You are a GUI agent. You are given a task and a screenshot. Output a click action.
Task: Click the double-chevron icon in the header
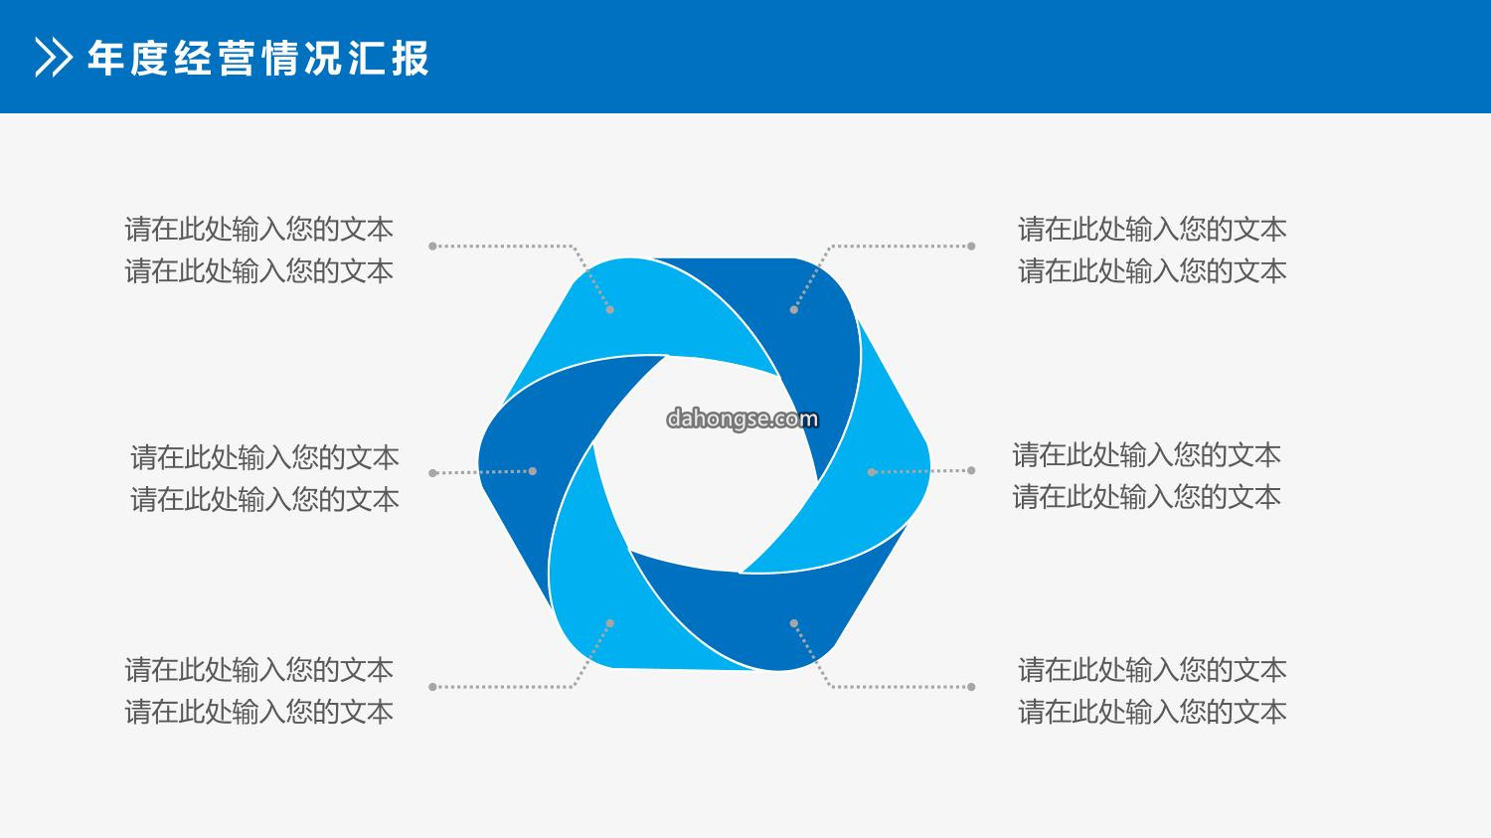click(54, 58)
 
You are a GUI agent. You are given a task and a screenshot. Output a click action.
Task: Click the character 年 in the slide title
click(106, 58)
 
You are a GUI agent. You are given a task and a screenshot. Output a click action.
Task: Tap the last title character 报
click(410, 58)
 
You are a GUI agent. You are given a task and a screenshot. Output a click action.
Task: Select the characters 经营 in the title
click(215, 58)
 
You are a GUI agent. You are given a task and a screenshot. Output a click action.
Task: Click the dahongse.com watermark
click(743, 419)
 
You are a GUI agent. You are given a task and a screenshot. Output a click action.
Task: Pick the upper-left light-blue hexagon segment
click(639, 316)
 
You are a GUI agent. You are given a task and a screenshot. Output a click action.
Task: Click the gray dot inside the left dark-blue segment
click(533, 471)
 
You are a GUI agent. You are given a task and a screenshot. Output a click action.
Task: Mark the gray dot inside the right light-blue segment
click(872, 472)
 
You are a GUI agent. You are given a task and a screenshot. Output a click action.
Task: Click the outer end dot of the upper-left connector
click(432, 247)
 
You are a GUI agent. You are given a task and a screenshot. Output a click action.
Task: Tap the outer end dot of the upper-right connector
click(971, 247)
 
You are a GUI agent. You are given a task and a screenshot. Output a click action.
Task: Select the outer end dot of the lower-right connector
click(971, 686)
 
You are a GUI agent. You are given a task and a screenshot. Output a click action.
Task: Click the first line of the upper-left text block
click(258, 229)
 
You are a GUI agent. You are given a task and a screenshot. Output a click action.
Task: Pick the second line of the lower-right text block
click(1152, 712)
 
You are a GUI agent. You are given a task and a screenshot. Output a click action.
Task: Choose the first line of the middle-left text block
click(265, 457)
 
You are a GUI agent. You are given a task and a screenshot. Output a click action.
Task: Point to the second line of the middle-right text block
click(1147, 497)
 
